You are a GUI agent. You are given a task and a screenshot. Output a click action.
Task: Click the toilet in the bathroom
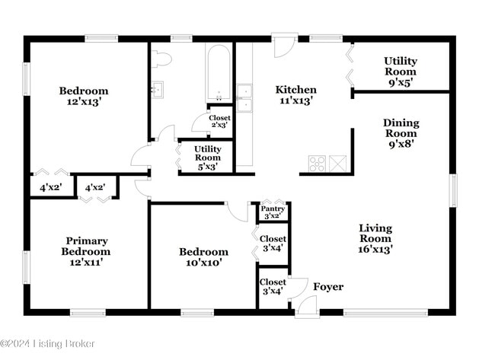tap(161, 59)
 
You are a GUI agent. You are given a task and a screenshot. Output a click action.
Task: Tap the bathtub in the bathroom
tap(218, 73)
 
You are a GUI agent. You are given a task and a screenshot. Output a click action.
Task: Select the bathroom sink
tap(157, 90)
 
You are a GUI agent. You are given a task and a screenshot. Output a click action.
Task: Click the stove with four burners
tap(317, 164)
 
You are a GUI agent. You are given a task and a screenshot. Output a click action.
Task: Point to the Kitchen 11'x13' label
tap(296, 95)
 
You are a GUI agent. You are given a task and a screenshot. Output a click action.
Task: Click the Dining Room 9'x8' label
tap(401, 133)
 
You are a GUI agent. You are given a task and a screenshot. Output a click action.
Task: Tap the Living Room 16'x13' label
tap(375, 238)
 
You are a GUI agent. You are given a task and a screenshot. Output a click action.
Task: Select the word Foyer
tap(328, 287)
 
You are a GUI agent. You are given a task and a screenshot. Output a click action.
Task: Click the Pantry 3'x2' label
tap(273, 212)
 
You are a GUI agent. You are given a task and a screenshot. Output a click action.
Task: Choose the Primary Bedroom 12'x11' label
tap(86, 251)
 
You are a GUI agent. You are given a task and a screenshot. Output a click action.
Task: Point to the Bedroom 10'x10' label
tap(203, 257)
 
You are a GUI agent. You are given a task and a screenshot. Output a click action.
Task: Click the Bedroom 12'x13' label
tap(84, 96)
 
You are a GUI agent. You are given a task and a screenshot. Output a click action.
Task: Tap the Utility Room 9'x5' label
tap(401, 72)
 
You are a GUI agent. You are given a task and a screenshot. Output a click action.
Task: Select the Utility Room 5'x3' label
tap(208, 158)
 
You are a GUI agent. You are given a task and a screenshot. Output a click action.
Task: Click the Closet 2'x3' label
tap(220, 122)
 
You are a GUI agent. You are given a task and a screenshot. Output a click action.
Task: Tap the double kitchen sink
tap(244, 98)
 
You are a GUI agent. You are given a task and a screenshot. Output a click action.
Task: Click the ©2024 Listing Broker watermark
tap(47, 343)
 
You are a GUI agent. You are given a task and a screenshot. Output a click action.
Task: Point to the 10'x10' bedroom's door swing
tap(238, 212)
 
